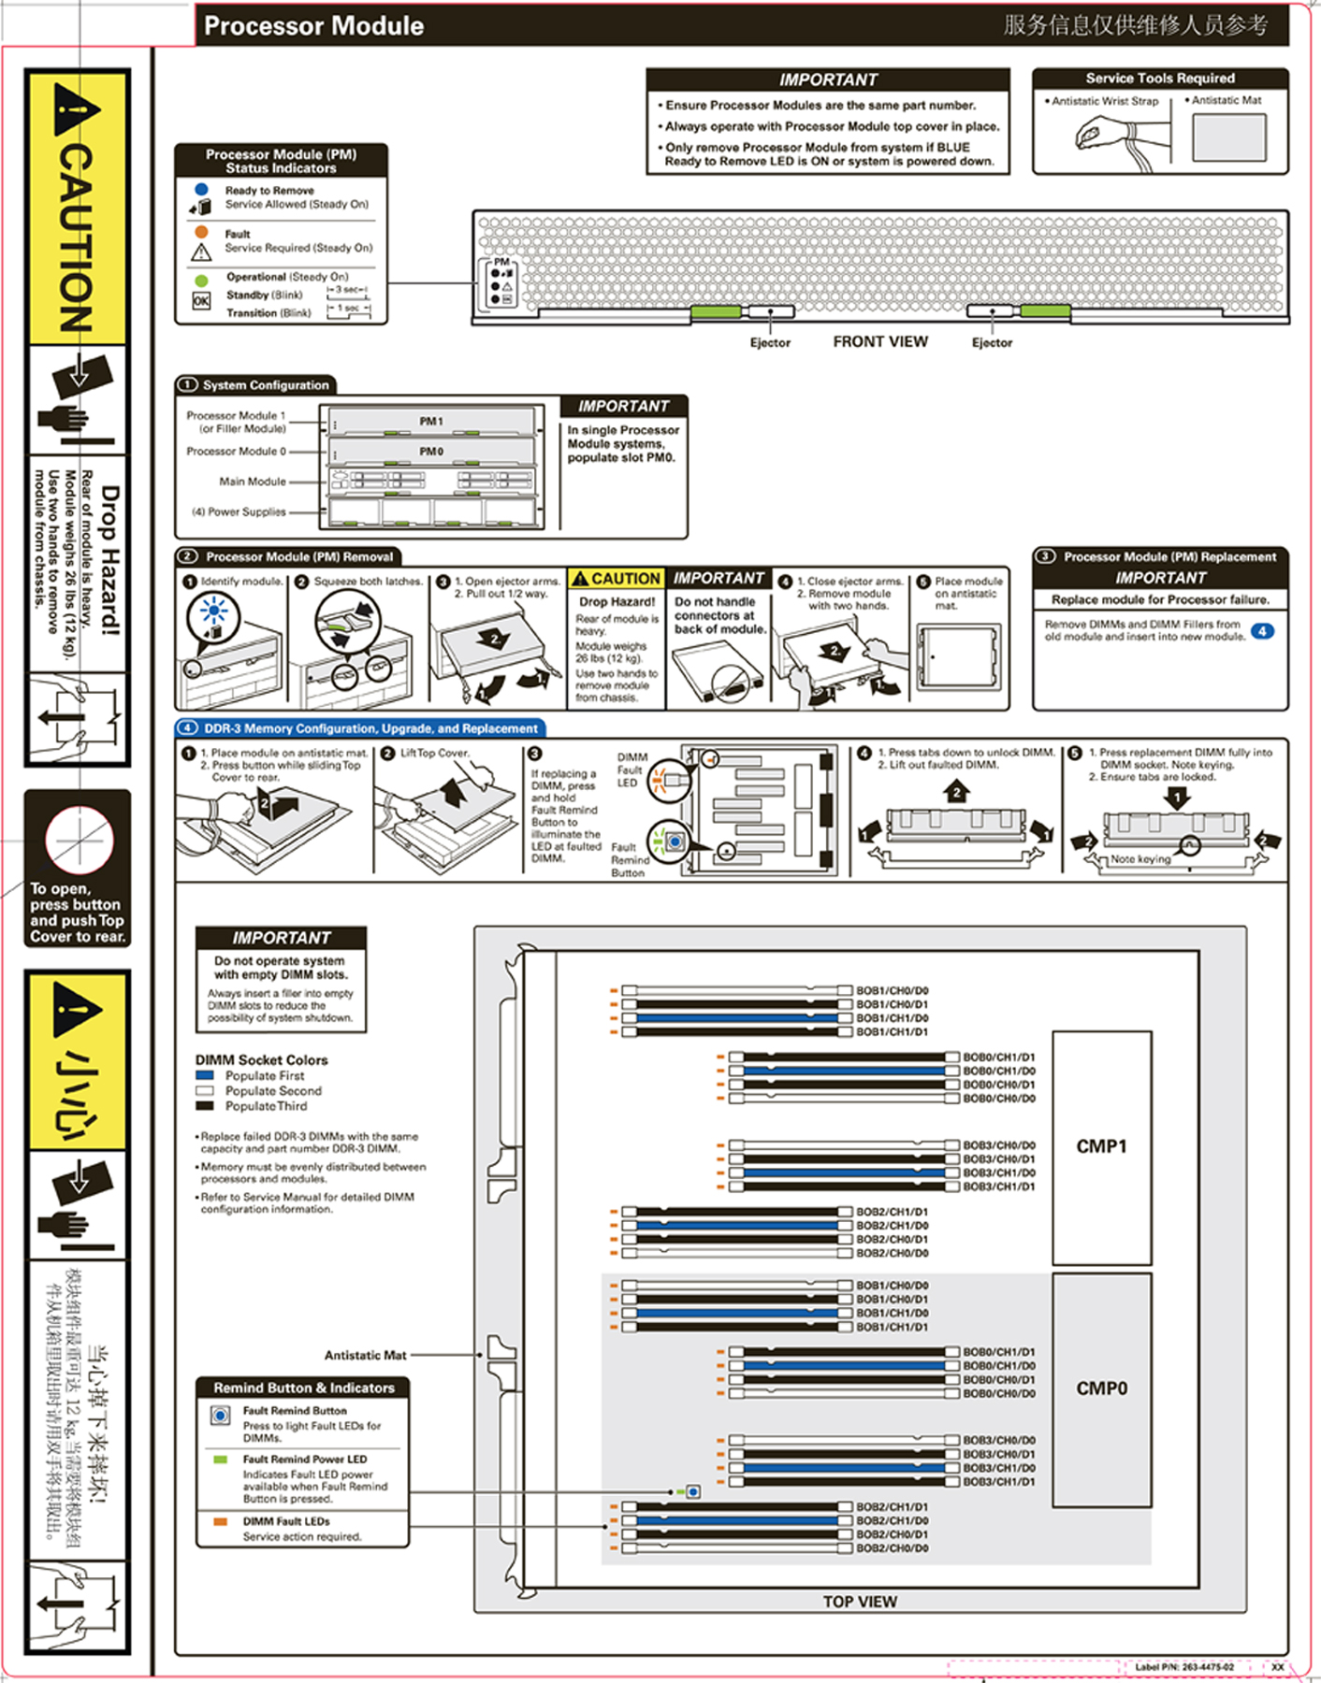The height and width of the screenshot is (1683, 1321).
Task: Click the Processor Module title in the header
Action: pos(313,26)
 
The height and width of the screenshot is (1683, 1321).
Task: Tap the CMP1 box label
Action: pos(1101,1146)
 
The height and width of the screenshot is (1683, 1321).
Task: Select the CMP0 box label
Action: pos(1101,1388)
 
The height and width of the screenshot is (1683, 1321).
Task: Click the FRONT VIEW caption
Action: pos(880,342)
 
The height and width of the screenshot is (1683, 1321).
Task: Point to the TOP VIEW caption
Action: pos(860,1602)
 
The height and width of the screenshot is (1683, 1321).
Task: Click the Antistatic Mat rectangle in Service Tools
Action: pos(1228,137)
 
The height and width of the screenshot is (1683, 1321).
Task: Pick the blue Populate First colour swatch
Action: pos(205,1076)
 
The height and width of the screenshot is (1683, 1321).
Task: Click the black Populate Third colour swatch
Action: pos(205,1106)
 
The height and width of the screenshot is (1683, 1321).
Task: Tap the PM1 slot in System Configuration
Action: pos(431,422)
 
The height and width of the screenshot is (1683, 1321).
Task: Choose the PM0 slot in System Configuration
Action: pos(431,452)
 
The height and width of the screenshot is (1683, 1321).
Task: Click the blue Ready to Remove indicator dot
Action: pos(201,189)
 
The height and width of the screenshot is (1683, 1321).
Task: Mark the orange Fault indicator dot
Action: pos(201,232)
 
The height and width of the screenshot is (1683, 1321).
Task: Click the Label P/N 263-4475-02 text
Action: pos(1184,1667)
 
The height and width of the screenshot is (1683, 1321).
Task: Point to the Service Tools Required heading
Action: pos(1160,79)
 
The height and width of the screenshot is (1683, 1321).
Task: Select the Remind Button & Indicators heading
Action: pos(304,1388)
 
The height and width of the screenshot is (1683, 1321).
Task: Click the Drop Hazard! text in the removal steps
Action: pos(617,602)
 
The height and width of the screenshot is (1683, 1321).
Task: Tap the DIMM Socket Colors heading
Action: pos(261,1060)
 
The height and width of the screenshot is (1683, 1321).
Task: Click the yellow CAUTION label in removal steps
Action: pos(617,579)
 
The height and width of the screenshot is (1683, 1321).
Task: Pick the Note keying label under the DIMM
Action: pos(1140,859)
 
